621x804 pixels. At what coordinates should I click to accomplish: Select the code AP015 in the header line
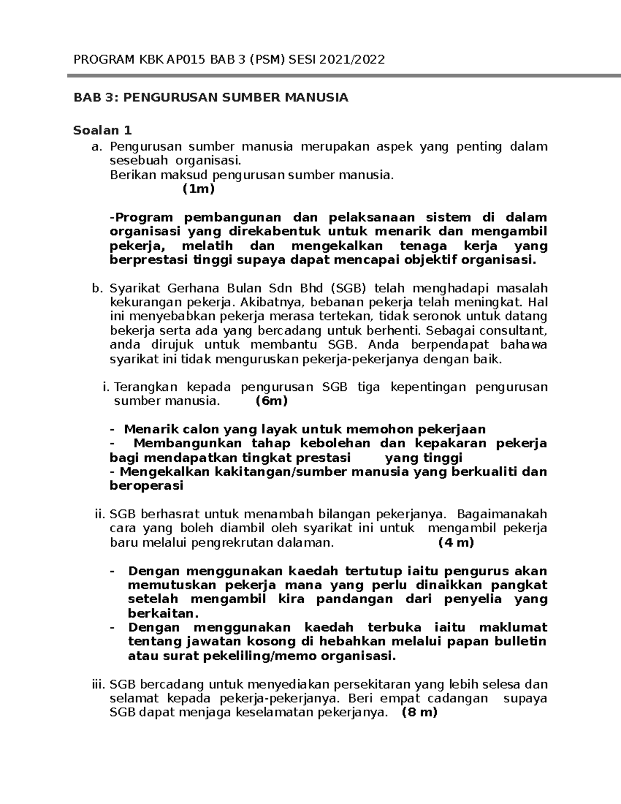(187, 60)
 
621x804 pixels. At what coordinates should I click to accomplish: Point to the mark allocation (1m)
(198, 189)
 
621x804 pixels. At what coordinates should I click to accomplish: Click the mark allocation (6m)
(272, 401)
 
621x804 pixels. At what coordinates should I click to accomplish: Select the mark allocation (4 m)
(456, 543)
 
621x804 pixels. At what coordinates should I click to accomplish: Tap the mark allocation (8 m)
(419, 712)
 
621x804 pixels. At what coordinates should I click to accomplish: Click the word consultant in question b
(517, 331)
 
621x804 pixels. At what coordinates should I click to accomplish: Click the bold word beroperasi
(146, 486)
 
